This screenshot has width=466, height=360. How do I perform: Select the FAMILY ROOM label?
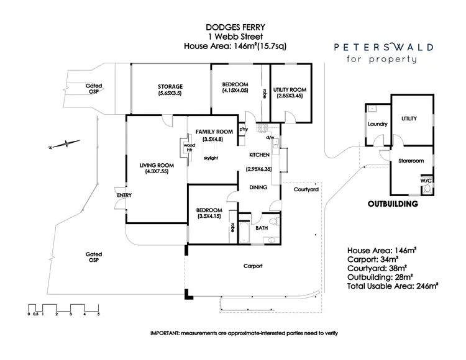tap(214, 132)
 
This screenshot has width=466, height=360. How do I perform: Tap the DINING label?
tap(258, 187)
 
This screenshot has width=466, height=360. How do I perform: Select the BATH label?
tap(263, 228)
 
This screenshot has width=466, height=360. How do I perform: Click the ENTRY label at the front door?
tap(124, 195)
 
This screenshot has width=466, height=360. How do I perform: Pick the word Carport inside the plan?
tap(252, 266)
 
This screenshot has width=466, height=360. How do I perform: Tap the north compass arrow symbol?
tap(65, 145)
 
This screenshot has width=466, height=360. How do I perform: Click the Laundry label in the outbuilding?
tap(377, 124)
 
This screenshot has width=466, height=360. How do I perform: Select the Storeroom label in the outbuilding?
tap(410, 161)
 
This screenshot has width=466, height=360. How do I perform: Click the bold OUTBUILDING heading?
tap(392, 204)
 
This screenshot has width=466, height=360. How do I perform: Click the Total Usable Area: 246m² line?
tap(393, 286)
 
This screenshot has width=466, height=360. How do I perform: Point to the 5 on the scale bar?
tap(98, 315)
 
